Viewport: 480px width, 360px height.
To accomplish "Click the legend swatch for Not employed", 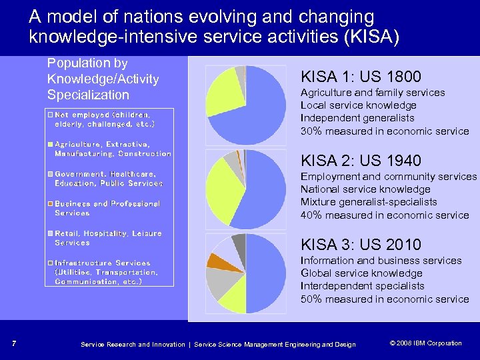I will (x=51, y=115).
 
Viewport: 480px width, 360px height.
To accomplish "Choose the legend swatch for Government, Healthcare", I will (x=51, y=174).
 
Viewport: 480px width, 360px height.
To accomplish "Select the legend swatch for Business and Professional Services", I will (x=51, y=203).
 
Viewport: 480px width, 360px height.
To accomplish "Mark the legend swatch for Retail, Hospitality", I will (x=51, y=233).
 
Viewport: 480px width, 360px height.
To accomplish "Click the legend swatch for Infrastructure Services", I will (x=51, y=263).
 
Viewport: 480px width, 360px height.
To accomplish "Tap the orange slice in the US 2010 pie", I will (x=217, y=261).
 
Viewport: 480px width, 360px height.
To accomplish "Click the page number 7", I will (x=14, y=344).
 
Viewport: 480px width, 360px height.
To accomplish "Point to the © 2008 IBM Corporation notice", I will (x=425, y=343).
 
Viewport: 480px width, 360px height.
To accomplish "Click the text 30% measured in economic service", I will (x=385, y=131).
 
